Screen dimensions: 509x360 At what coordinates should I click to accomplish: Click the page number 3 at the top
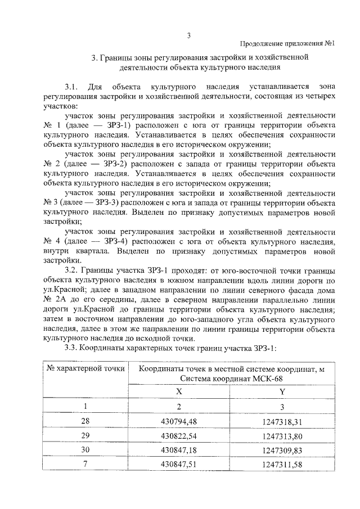tap(189, 36)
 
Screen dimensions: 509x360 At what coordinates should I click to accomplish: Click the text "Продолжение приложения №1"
tap(287, 44)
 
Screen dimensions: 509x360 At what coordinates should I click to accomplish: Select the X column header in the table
tap(178, 391)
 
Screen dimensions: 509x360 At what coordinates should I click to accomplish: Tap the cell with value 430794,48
tap(178, 421)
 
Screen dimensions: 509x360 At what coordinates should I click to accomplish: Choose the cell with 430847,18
tap(178, 450)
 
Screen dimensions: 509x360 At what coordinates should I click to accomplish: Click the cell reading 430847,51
tap(178, 465)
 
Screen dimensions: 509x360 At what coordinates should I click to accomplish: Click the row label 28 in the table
tap(85, 421)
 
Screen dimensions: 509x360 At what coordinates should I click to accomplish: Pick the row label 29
tap(85, 435)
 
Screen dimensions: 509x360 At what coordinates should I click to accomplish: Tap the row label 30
tap(85, 450)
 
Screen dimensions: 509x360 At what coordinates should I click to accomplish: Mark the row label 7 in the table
tap(85, 465)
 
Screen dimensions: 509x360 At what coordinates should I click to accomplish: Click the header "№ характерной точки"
tap(85, 369)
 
